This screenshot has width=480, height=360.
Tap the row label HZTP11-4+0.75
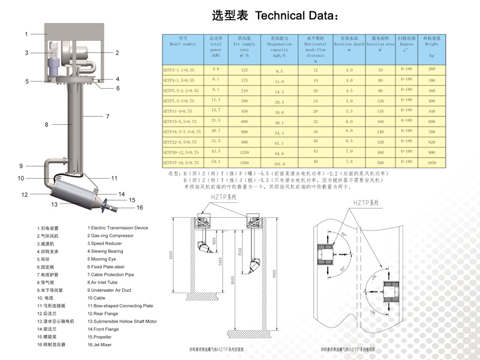179,111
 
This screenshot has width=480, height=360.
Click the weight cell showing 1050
430,162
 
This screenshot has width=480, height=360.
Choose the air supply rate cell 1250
244,153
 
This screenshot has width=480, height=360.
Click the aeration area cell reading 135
379,111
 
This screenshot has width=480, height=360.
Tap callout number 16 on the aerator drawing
140,208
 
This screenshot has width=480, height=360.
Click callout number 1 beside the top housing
26,34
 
